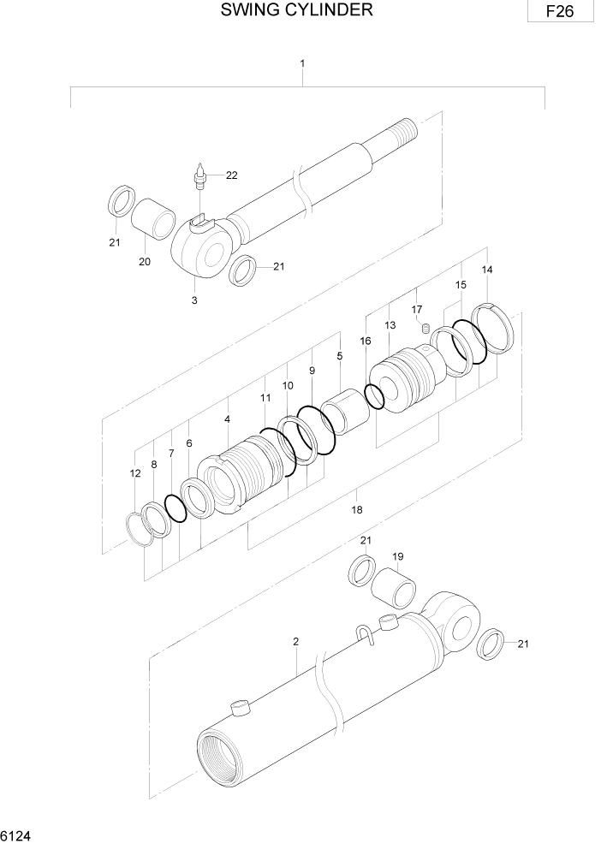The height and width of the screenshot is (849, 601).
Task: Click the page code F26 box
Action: (x=561, y=12)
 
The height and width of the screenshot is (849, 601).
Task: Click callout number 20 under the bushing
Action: (x=145, y=262)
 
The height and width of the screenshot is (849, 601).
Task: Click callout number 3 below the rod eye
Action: (x=194, y=300)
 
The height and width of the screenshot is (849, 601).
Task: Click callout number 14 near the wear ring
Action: (x=487, y=270)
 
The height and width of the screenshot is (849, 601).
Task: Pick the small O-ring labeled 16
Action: (x=374, y=395)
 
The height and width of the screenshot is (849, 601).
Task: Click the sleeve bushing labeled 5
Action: (x=348, y=411)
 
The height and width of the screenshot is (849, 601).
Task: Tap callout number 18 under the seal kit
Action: (x=357, y=509)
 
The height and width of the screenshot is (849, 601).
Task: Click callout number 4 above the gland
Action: (x=227, y=419)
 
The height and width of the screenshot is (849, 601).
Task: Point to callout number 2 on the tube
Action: (x=295, y=641)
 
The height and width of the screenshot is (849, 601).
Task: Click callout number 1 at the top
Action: (x=302, y=63)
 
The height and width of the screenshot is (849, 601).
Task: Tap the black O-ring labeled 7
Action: (x=176, y=508)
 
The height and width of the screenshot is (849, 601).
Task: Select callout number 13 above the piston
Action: (x=390, y=325)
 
